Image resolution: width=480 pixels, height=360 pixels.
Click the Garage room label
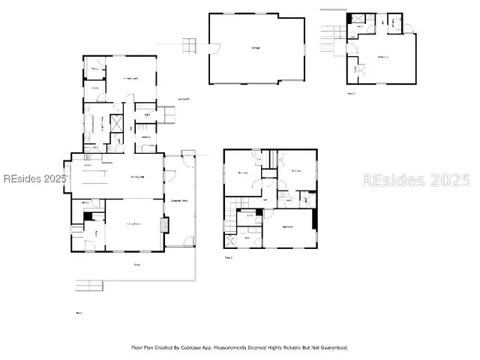pos(256,49)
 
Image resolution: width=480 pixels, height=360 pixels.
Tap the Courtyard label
pos(182,99)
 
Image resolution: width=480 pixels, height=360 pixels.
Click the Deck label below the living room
pos(136,265)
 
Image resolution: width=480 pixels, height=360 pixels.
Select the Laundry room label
pos(145,137)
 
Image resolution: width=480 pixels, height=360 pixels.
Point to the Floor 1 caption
pos(79,312)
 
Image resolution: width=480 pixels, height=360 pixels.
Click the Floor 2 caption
pos(229,257)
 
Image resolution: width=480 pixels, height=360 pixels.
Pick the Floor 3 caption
pos(351,94)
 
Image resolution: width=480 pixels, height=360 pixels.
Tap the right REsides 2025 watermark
pos(416,180)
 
